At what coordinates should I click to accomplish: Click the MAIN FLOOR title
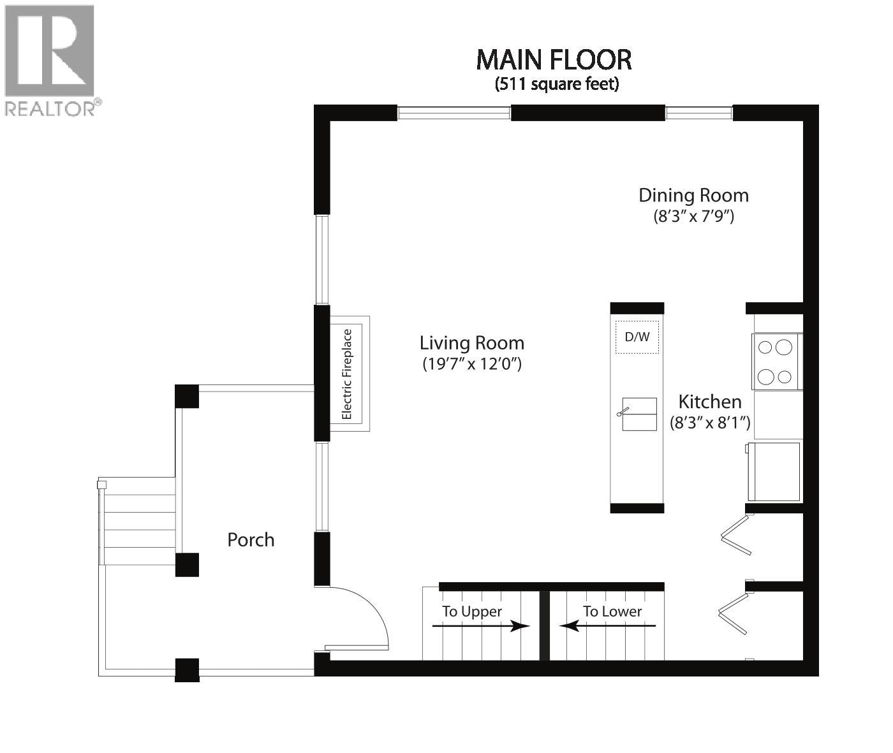(554, 60)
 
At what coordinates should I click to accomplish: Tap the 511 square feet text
(557, 84)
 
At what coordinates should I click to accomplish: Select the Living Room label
(472, 343)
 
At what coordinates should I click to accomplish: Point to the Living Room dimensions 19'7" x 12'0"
(472, 364)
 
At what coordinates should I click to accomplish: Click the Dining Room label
(693, 195)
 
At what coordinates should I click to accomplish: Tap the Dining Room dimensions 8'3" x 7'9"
(693, 216)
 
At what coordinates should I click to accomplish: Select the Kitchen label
(709, 402)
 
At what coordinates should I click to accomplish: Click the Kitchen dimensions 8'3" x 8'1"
(709, 422)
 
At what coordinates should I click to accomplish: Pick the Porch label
(251, 540)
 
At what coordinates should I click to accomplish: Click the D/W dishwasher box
(637, 337)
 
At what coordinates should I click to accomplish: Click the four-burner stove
(776, 362)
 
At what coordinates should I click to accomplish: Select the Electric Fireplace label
(347, 374)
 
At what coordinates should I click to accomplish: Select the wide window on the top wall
(454, 113)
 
